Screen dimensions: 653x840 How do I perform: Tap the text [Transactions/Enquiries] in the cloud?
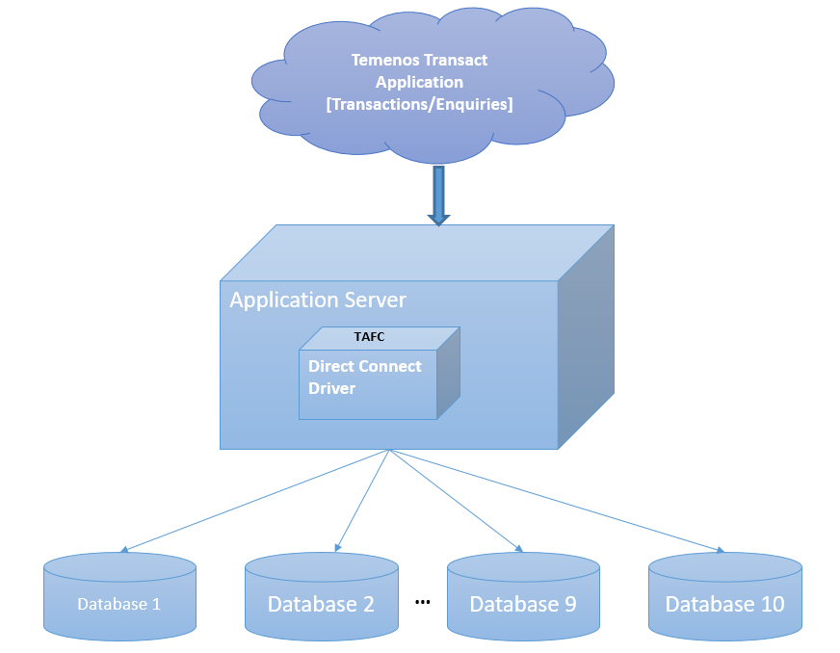tap(419, 104)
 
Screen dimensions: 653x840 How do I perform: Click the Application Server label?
tap(318, 300)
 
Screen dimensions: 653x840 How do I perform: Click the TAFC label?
tap(369, 337)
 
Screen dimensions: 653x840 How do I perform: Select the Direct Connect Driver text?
tap(364, 377)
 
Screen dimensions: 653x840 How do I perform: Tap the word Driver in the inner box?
tap(331, 388)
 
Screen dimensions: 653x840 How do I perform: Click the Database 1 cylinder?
tap(119, 597)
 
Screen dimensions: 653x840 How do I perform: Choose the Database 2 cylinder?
tap(321, 597)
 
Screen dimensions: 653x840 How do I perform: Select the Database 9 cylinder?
tap(523, 597)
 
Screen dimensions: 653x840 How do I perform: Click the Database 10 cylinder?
tap(724, 597)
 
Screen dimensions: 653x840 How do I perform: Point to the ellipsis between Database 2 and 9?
tap(422, 602)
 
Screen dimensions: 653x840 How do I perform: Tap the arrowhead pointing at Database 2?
tap(337, 548)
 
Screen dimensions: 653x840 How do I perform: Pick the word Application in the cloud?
tap(419, 82)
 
